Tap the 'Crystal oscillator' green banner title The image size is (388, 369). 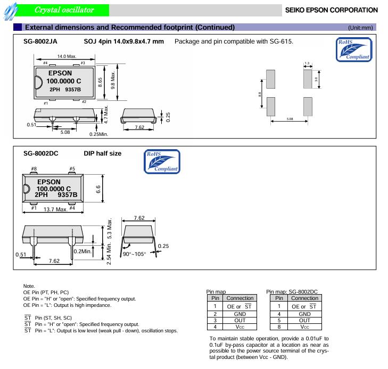click(x=64, y=10)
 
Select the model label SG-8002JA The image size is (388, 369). click(x=41, y=41)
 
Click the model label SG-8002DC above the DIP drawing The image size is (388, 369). click(x=41, y=153)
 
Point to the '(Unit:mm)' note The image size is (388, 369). click(x=360, y=27)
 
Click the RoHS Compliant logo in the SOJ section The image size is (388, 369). click(x=353, y=49)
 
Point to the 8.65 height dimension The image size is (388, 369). click(x=100, y=83)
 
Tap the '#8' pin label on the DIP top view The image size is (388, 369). click(x=34, y=169)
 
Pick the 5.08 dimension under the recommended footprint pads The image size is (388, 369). click(x=290, y=119)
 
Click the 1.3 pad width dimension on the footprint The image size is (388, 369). click(x=307, y=63)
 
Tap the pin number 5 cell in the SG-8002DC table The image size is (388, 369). click(x=278, y=320)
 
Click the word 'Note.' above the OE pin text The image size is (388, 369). click(x=29, y=286)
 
